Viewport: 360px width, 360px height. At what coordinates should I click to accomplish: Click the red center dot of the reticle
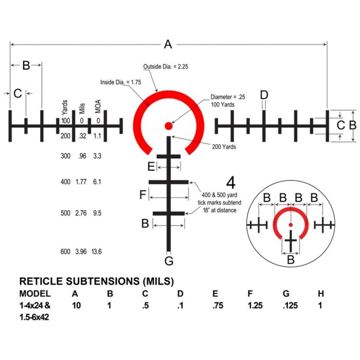(x=168, y=125)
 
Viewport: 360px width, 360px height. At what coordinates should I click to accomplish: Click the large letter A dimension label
(x=168, y=44)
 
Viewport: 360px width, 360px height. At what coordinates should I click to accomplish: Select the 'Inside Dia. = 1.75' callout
(x=121, y=82)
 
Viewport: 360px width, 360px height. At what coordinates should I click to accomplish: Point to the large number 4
(x=231, y=183)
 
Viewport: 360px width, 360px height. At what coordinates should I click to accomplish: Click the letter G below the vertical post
(x=169, y=261)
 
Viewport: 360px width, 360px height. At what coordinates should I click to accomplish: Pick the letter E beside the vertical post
(x=151, y=167)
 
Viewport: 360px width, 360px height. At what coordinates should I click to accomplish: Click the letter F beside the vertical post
(x=143, y=195)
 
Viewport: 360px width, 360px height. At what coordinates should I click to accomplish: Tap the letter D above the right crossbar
(x=264, y=95)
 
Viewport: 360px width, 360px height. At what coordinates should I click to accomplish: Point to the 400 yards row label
(x=65, y=182)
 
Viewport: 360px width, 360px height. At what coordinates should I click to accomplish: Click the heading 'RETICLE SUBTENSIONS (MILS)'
(x=97, y=282)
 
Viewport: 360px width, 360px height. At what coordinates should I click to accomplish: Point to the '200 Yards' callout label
(x=224, y=147)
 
